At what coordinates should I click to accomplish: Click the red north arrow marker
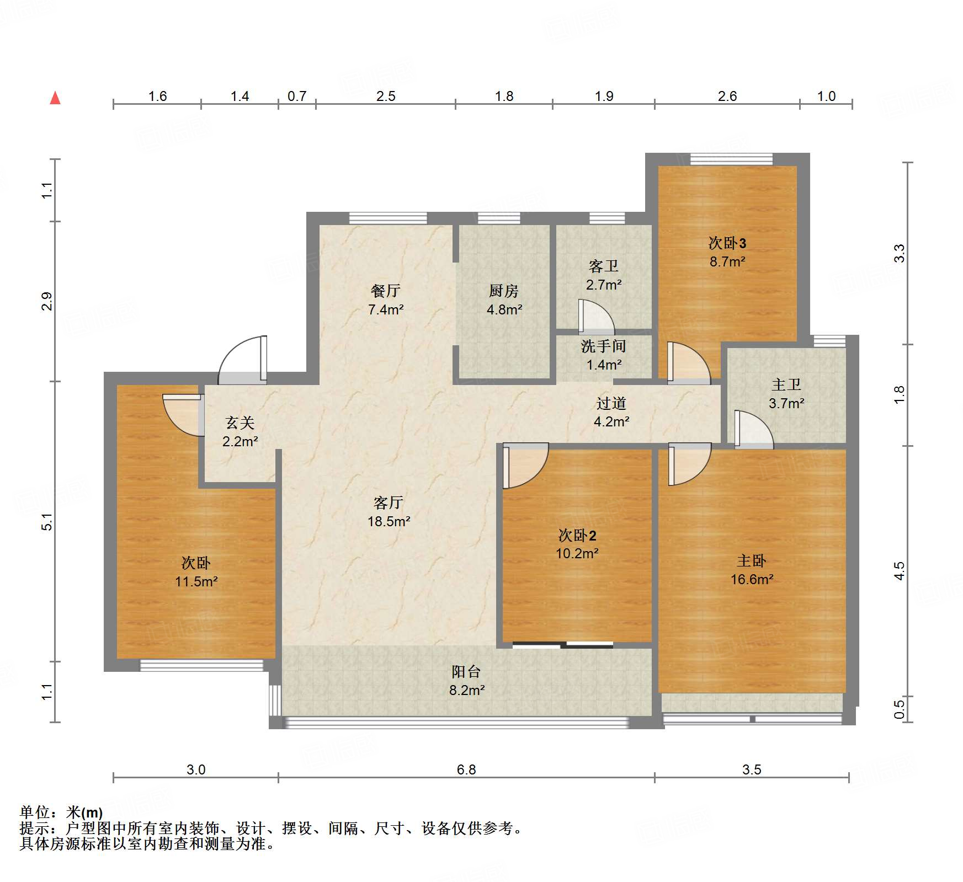[x=55, y=98]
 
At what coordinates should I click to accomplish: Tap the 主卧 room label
[x=751, y=561]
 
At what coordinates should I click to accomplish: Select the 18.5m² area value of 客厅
[x=389, y=521]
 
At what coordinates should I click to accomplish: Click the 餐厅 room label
[x=386, y=291]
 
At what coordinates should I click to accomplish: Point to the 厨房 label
[x=504, y=291]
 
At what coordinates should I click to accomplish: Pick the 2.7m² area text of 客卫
[x=604, y=285]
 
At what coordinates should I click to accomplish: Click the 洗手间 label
[x=603, y=346]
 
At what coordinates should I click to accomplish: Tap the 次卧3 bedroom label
[x=727, y=243]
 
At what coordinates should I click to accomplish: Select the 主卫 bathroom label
[x=786, y=384]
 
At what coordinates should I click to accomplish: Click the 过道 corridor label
[x=611, y=403]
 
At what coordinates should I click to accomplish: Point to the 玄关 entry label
[x=240, y=423]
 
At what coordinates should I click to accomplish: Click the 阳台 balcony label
[x=466, y=671]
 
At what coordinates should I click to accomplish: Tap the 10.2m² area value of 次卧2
[x=577, y=553]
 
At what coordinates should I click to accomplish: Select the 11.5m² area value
[x=196, y=581]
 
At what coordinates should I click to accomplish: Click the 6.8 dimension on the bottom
[x=466, y=769]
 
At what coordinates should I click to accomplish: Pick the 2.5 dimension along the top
[x=386, y=97]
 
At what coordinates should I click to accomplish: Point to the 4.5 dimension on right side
[x=900, y=571]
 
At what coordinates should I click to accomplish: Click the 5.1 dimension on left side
[x=47, y=522]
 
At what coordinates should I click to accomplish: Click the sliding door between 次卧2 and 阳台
[x=563, y=644]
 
